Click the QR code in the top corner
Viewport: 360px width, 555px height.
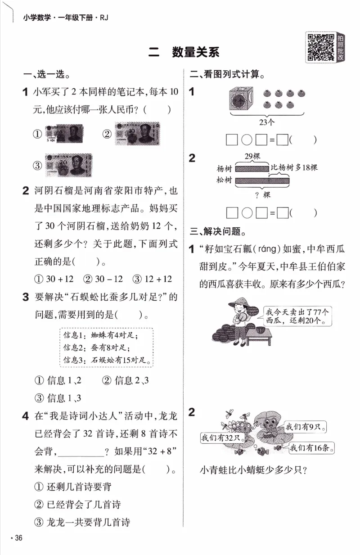click(318, 46)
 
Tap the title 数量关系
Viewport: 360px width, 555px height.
click(195, 52)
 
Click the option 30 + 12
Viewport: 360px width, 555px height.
click(54, 279)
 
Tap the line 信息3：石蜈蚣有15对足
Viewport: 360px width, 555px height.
click(106, 360)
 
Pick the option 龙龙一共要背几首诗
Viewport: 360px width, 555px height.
click(82, 522)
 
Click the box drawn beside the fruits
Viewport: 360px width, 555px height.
click(240, 99)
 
